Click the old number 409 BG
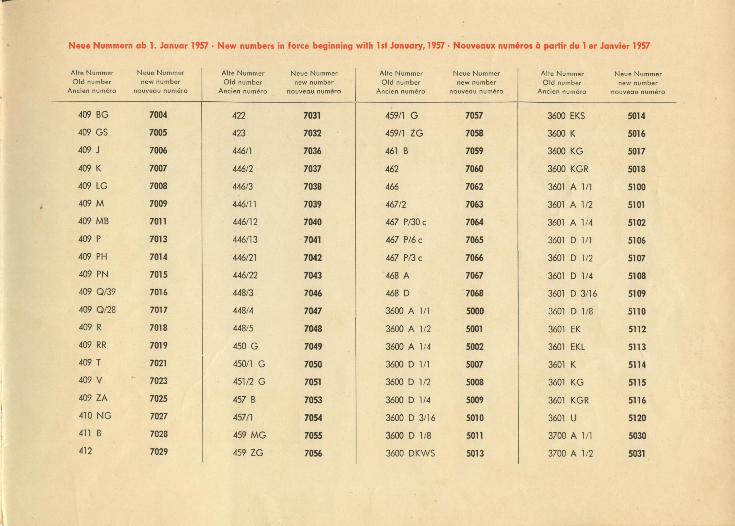pyautogui.click(x=93, y=115)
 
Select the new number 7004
pyautogui.click(x=158, y=115)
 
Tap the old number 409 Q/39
pyautogui.click(x=97, y=292)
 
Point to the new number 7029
pyautogui.click(x=159, y=451)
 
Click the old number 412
pyautogui.click(x=85, y=451)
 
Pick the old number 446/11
pyautogui.click(x=245, y=204)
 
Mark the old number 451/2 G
pyautogui.click(x=249, y=382)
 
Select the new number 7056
pyautogui.click(x=313, y=453)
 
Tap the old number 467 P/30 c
pyautogui.click(x=406, y=222)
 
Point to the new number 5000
pyautogui.click(x=475, y=311)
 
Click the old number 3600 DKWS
pyautogui.click(x=410, y=453)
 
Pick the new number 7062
pyautogui.click(x=474, y=187)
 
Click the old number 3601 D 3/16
pyautogui.click(x=572, y=294)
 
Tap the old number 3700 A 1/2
pyautogui.click(x=570, y=453)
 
